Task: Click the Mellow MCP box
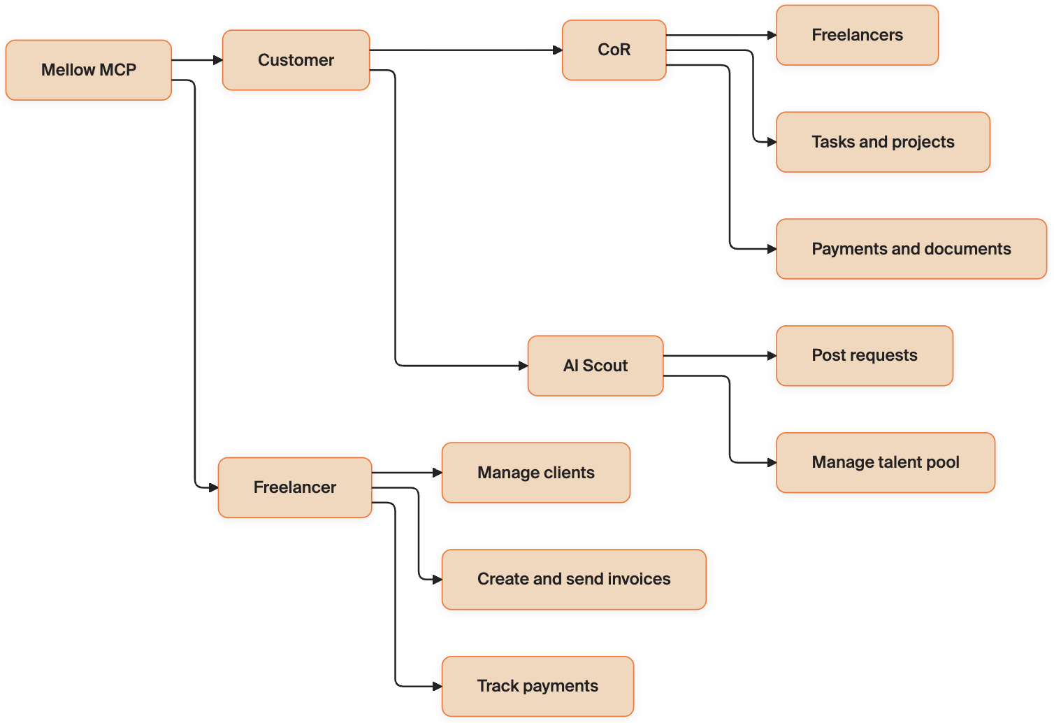tap(89, 70)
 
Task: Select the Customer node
tap(296, 60)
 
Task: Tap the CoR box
tap(614, 50)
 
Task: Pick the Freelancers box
tap(858, 35)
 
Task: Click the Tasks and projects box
tap(883, 142)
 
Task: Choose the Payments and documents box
tap(911, 249)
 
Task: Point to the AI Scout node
tap(595, 366)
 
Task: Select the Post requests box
tap(865, 356)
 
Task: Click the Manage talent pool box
tap(886, 463)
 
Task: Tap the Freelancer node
tap(295, 487)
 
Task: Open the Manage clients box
tap(536, 473)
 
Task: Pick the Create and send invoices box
tap(574, 580)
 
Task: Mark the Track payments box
tap(537, 686)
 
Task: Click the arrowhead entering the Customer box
tap(218, 60)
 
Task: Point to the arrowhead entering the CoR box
tap(558, 50)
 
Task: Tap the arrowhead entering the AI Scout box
tap(524, 366)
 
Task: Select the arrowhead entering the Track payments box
tap(437, 686)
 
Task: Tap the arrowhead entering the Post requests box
tap(772, 356)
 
